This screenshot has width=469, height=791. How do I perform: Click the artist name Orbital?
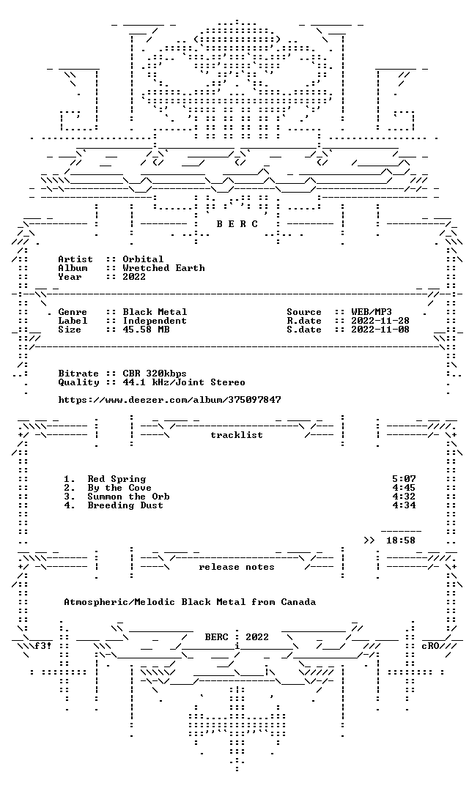click(143, 259)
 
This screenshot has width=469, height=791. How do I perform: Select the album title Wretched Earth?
click(163, 268)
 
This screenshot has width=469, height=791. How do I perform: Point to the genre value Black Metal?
click(155, 312)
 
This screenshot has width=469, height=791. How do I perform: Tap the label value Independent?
click(155, 321)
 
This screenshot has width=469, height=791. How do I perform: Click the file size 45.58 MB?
click(146, 330)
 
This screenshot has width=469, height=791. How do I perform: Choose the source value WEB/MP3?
click(372, 312)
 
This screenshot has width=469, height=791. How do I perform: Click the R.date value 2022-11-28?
click(380, 321)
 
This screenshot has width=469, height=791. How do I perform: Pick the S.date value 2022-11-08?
click(380, 330)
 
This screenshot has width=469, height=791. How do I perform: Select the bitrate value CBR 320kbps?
click(155, 374)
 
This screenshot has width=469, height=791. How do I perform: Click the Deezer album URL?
click(169, 400)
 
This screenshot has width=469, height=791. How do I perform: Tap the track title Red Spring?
click(117, 479)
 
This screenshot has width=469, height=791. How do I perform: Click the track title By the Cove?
click(119, 488)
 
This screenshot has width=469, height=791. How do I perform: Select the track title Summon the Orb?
click(128, 497)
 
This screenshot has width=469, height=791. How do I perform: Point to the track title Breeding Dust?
click(125, 505)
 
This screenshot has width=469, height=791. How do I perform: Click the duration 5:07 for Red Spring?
click(404, 479)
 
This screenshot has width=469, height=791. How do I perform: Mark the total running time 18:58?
click(401, 541)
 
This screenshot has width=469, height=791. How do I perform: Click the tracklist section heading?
click(237, 435)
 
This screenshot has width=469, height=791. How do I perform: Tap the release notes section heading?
click(237, 567)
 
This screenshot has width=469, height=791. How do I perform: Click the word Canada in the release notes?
click(298, 602)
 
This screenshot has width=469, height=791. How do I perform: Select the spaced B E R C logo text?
click(237, 224)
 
